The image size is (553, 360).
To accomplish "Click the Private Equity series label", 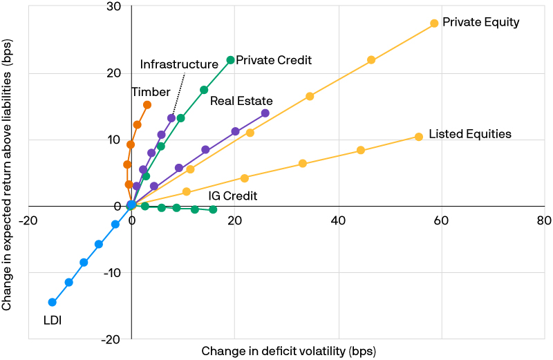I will click(480, 22).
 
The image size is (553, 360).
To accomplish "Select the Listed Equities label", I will click(469, 134).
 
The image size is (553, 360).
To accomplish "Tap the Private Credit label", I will click(274, 61).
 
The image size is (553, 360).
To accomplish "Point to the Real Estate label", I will click(241, 102).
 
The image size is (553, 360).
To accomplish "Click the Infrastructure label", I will click(179, 64).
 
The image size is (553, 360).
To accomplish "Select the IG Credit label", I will click(233, 196).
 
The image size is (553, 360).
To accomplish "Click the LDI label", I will click(52, 320).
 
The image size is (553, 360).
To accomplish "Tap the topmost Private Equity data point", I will click(434, 23).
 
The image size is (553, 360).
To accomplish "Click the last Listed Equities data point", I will click(418, 137).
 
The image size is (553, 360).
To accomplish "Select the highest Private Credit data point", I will click(230, 60).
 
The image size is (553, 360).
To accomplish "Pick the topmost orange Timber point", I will click(147, 105).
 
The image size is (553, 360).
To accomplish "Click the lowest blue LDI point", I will click(52, 302).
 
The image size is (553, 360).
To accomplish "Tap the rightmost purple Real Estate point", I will click(265, 113).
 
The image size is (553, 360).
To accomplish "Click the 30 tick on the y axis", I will click(113, 8).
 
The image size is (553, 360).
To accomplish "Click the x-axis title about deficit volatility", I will click(288, 351).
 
